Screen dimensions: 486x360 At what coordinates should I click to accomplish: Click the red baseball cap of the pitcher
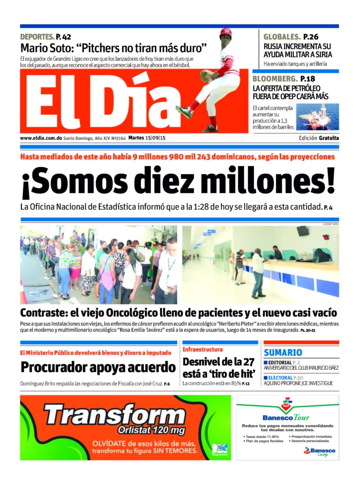coord(226,32)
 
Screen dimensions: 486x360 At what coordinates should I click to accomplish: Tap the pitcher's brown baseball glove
coord(206,75)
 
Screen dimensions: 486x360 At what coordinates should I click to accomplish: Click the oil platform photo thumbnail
coord(318,117)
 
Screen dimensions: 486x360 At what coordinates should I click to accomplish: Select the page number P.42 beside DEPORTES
coord(63,37)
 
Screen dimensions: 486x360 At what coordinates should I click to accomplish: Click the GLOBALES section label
coord(282,37)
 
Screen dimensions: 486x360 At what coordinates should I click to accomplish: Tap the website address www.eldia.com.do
coord(41,138)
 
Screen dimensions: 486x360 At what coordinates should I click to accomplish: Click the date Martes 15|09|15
coord(147,138)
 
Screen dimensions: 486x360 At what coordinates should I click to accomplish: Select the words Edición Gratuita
coord(319,138)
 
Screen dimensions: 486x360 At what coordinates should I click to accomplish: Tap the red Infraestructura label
coord(202,349)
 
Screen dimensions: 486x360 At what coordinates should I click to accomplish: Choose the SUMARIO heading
coord(283,353)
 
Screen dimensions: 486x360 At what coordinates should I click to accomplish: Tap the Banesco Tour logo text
coord(285,418)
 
